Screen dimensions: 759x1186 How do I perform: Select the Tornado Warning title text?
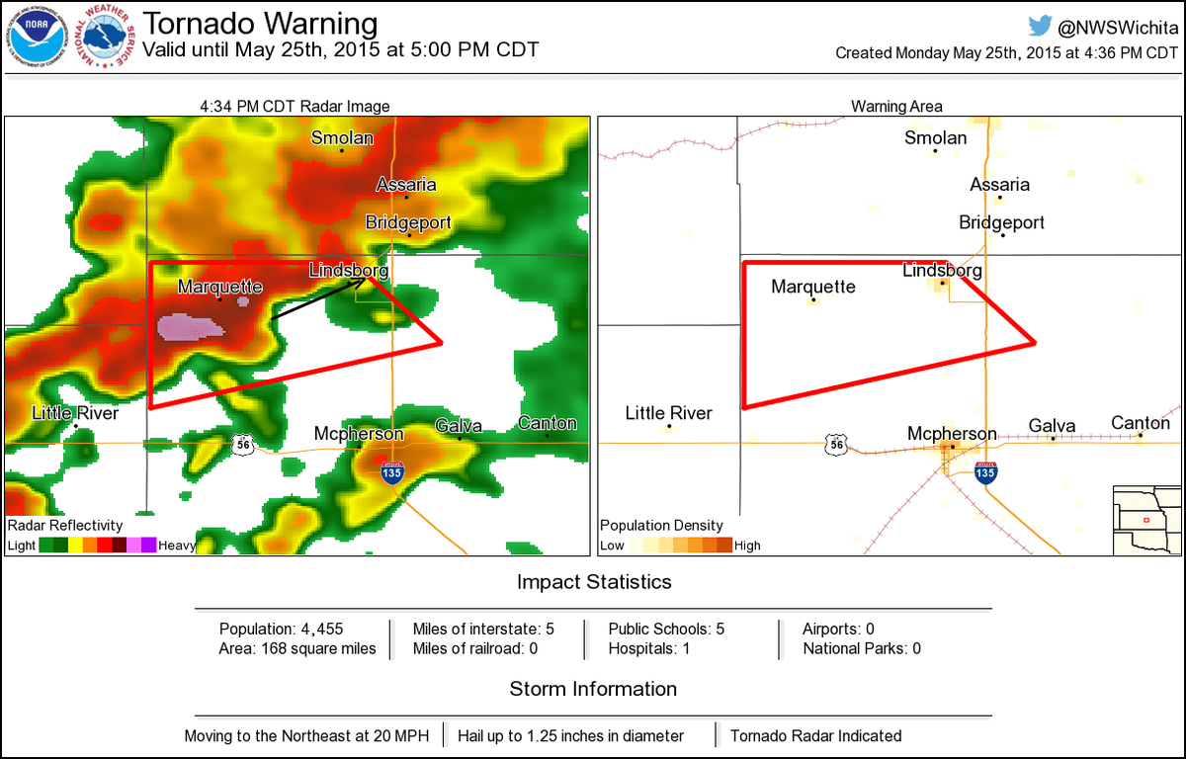point(261,24)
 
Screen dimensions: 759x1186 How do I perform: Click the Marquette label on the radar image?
point(219,287)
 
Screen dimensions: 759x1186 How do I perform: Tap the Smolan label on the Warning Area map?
point(935,138)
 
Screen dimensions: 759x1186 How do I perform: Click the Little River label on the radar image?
point(75,413)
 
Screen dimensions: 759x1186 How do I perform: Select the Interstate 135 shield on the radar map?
point(392,473)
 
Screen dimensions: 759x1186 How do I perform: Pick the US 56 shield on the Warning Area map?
point(837,446)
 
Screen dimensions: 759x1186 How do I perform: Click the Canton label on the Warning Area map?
point(1140,423)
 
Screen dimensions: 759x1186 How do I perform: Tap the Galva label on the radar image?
point(459,426)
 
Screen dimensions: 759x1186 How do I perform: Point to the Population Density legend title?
point(661,526)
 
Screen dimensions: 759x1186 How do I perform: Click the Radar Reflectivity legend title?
point(64,526)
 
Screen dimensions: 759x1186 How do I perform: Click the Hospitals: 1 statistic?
point(648,648)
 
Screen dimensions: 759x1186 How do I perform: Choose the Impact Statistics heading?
point(594,582)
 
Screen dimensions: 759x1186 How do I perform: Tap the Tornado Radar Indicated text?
point(815,735)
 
